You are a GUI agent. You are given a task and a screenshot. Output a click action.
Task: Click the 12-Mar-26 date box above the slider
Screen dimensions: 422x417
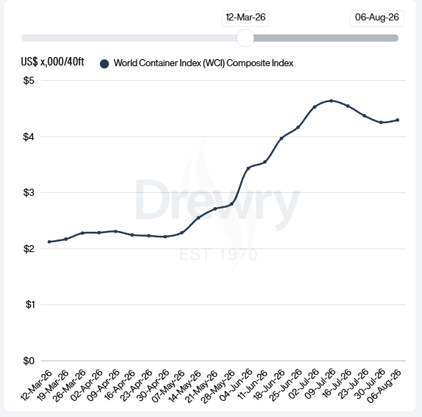(x=245, y=18)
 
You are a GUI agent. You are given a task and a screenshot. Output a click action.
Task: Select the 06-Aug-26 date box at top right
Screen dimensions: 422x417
(x=377, y=18)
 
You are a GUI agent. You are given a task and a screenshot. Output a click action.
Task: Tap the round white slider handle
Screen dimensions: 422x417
(x=245, y=38)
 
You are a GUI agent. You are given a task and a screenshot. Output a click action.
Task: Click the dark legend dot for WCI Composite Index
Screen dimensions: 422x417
(x=104, y=64)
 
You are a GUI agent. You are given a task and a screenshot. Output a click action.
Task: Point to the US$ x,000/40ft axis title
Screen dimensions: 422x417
(x=52, y=61)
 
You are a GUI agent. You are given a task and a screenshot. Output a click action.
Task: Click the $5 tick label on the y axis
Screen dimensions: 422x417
(x=29, y=80)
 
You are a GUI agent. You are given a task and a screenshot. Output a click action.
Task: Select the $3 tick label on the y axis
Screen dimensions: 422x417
(x=29, y=192)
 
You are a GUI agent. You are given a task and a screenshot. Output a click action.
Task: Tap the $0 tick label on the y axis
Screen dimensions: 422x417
(x=29, y=361)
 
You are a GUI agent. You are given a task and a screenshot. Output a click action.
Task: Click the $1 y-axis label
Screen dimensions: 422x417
(x=30, y=304)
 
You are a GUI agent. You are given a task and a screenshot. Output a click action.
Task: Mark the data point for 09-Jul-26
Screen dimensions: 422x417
(x=331, y=101)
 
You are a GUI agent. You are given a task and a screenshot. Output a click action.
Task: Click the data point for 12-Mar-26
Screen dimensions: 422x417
(x=49, y=242)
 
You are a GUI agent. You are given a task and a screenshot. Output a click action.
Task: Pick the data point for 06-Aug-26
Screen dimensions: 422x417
(x=397, y=120)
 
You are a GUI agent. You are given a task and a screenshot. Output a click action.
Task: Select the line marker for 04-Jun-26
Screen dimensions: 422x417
(x=249, y=168)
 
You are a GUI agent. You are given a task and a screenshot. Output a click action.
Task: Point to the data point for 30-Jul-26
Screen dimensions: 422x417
(x=381, y=123)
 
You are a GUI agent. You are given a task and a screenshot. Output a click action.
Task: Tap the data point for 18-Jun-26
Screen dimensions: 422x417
(x=282, y=139)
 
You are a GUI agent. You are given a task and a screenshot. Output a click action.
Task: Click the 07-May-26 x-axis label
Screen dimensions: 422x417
(x=169, y=385)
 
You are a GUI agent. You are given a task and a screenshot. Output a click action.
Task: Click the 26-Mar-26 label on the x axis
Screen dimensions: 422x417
(x=70, y=385)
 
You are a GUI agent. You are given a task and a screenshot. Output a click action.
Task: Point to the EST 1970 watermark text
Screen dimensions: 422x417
(x=218, y=254)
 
